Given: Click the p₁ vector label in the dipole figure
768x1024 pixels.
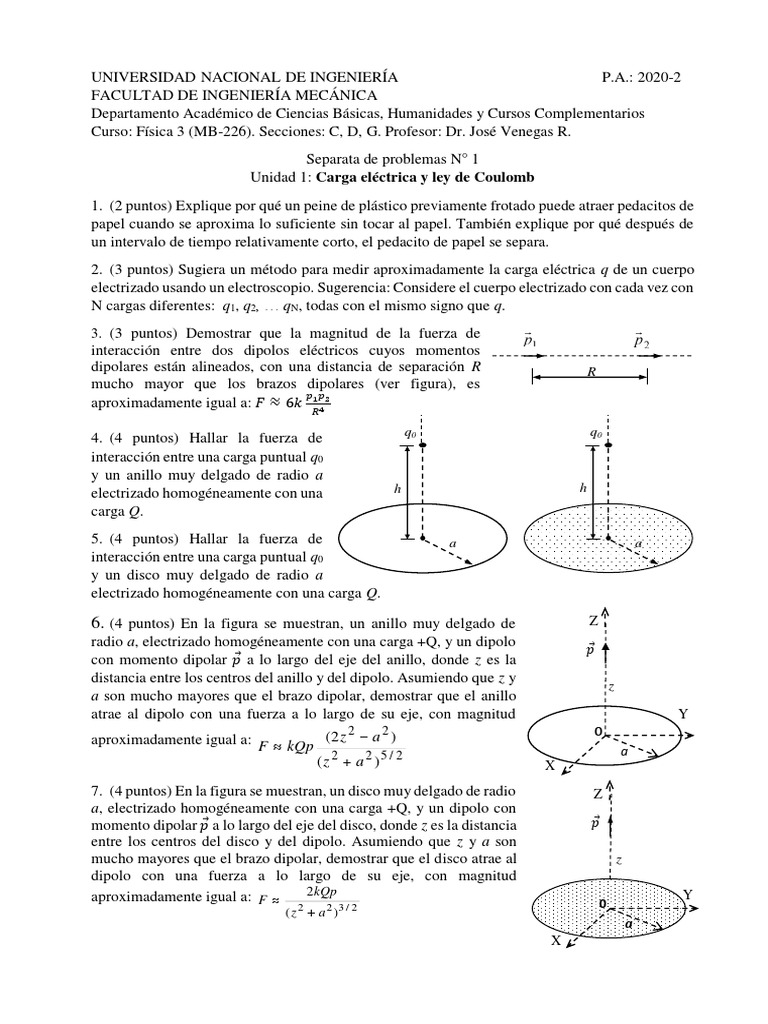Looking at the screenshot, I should [531, 342].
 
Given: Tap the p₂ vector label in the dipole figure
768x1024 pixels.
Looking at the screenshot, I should [641, 342].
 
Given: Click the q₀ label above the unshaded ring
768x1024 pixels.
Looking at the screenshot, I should [409, 434].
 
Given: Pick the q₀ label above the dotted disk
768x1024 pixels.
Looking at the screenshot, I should [596, 434].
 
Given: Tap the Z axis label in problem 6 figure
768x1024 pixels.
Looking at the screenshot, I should [594, 621].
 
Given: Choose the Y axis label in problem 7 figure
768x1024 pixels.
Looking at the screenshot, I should [686, 892].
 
